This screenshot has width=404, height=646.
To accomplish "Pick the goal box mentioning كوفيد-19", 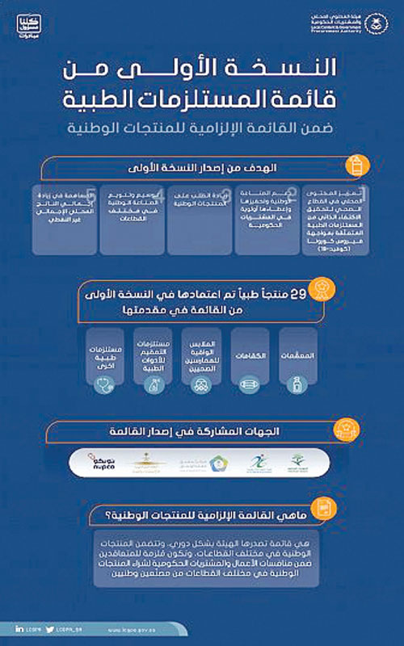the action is (333, 222).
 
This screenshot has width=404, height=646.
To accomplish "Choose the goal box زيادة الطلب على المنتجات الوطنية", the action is (200, 222).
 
